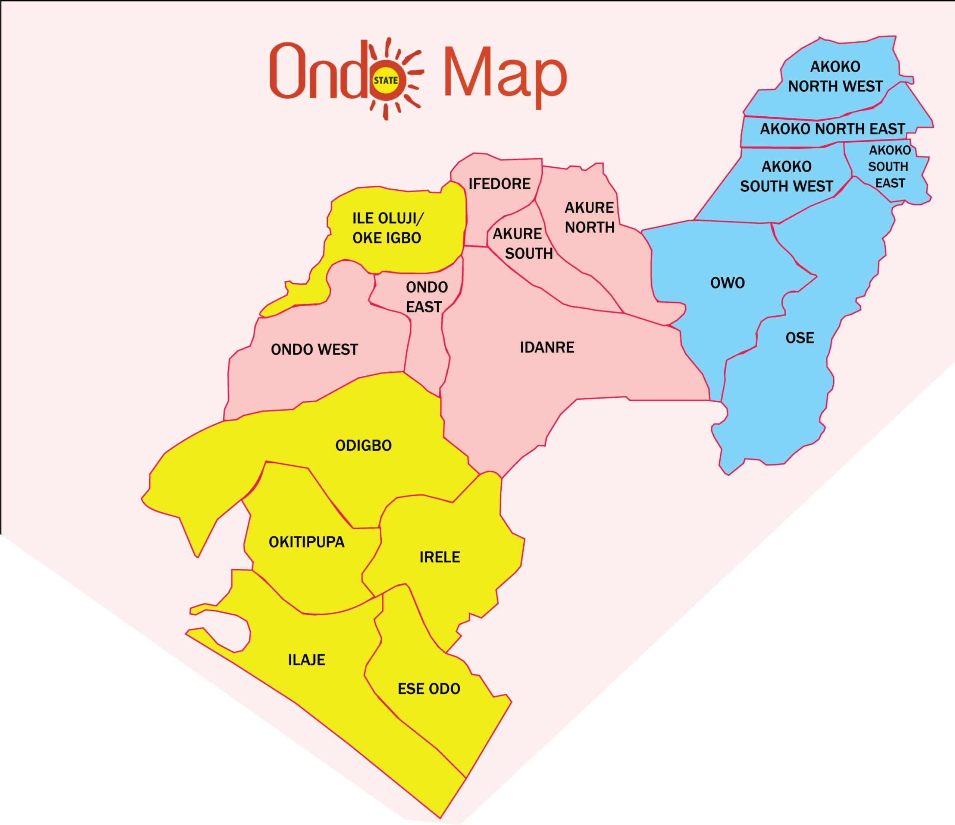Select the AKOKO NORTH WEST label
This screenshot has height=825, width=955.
(835, 76)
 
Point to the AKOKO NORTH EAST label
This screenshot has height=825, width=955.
(832, 129)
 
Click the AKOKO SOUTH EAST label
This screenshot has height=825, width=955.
(890, 166)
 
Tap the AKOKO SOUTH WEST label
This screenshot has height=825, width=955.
(786, 176)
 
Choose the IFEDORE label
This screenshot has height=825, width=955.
(500, 184)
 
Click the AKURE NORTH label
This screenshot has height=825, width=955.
(589, 217)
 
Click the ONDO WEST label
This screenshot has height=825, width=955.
(314, 350)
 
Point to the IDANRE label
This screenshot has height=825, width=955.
(547, 347)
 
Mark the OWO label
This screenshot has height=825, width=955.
(727, 283)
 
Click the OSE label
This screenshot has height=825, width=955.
(800, 338)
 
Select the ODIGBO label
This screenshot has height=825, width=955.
(363, 445)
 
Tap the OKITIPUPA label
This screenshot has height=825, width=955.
(307, 542)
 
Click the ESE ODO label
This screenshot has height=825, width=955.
(429, 689)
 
